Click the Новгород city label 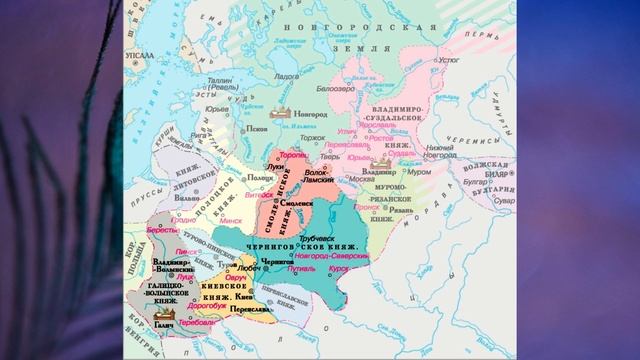(308, 115)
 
